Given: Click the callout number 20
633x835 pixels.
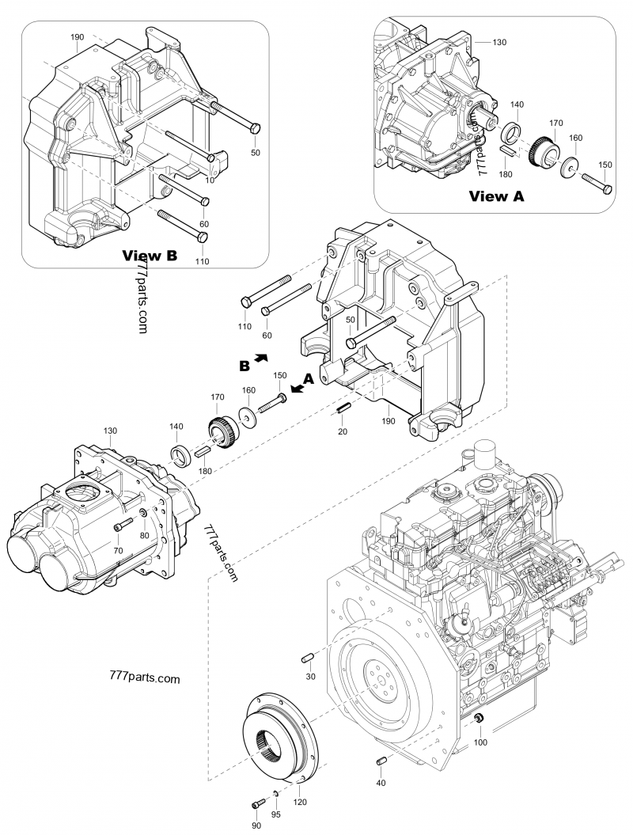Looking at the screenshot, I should pos(343,431).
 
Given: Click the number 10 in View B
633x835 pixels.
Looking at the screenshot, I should pos(210,180).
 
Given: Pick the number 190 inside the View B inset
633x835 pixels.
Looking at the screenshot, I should pos(77,37).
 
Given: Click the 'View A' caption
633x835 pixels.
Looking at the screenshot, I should pos(496,195).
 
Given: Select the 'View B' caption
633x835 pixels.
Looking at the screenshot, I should pos(149,255).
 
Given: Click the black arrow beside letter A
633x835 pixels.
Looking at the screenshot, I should pos(297,387).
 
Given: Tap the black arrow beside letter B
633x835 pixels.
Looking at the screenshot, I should pos(260,359).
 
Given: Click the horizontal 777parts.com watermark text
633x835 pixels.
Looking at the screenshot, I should pos(142,678).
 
